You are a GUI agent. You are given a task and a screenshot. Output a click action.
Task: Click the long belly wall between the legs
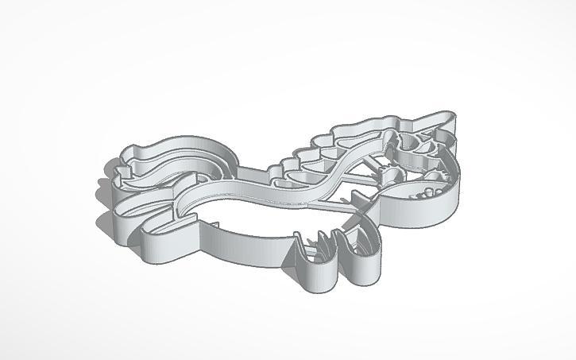[238, 238]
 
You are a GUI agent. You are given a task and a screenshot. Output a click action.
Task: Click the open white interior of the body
[262, 215]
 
